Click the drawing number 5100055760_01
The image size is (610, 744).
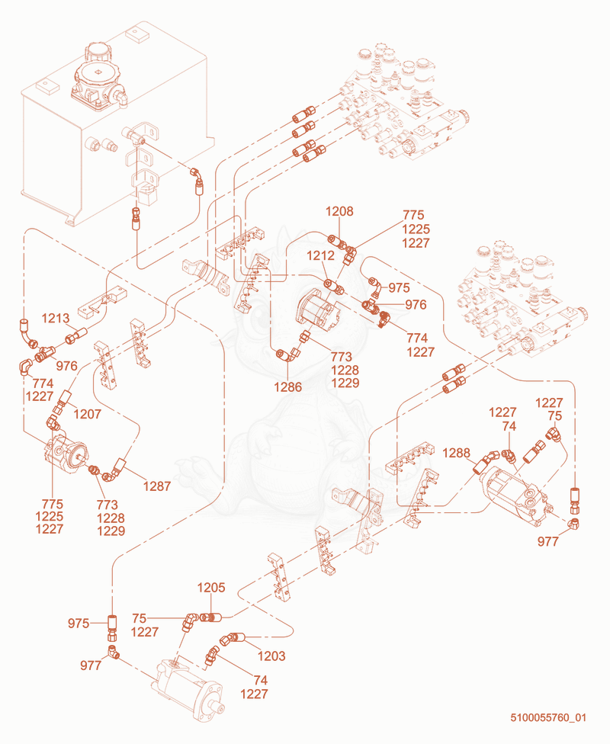click(x=548, y=717)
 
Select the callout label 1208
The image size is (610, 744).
click(x=339, y=211)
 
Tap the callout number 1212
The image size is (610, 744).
click(x=320, y=255)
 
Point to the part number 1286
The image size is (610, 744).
click(x=287, y=386)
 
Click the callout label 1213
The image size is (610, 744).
click(x=56, y=318)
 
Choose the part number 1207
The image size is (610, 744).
click(x=88, y=414)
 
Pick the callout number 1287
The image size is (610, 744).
click(x=156, y=486)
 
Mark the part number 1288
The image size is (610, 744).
click(x=456, y=453)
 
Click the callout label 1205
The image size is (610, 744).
click(x=211, y=588)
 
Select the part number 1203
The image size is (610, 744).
click(x=271, y=656)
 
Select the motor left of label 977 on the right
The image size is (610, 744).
click(x=515, y=493)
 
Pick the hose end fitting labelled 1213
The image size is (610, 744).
click(x=77, y=335)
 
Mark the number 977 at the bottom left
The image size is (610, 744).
click(x=91, y=665)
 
